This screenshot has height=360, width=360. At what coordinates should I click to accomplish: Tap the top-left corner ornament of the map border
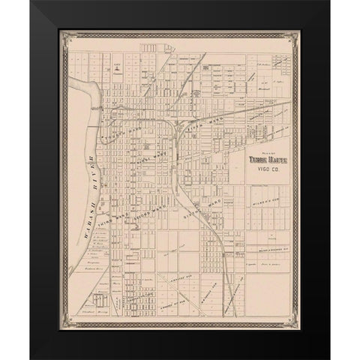(65, 35)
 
